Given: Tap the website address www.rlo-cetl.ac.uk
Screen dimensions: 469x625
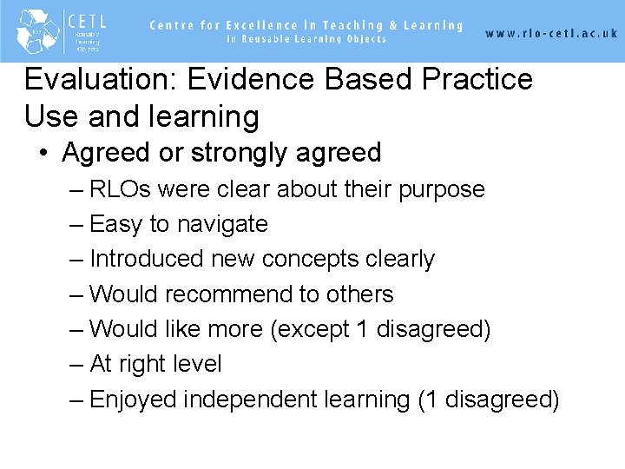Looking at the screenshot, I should click(x=551, y=33).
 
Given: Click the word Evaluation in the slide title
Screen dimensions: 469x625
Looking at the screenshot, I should click(x=95, y=80).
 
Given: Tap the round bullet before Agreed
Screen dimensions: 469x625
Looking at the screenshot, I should click(x=43, y=154).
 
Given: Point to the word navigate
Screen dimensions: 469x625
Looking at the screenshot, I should click(x=222, y=224).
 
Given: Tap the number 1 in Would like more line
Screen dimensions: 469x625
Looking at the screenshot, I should click(x=363, y=329).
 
